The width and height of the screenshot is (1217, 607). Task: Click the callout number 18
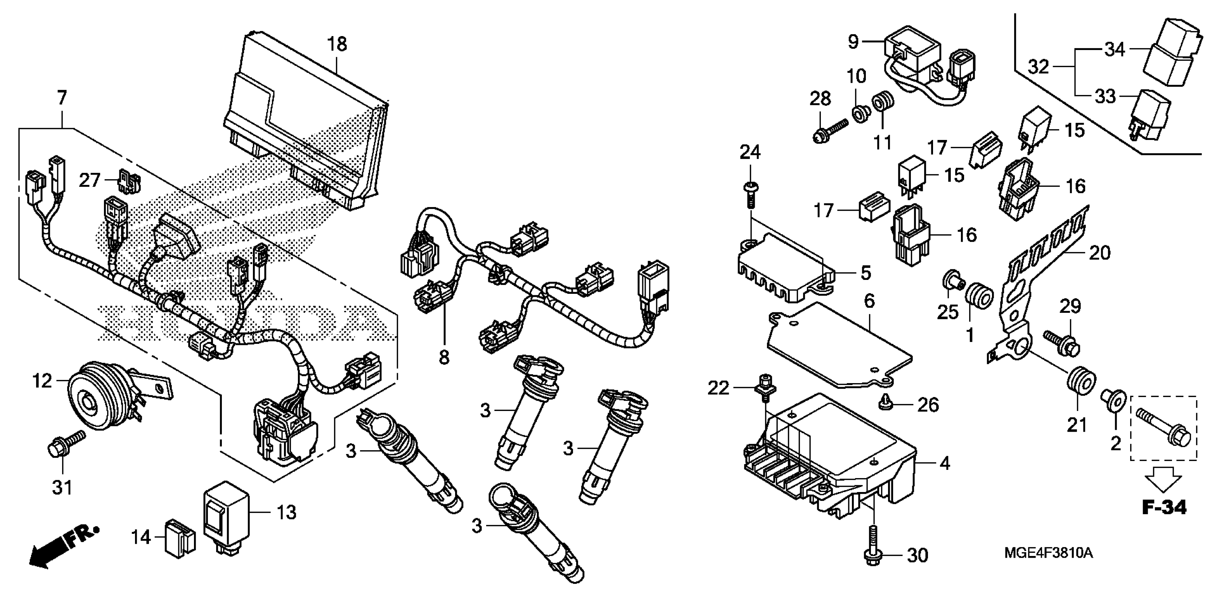pyautogui.click(x=337, y=44)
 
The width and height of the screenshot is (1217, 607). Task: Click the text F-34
pyautogui.click(x=1164, y=507)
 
